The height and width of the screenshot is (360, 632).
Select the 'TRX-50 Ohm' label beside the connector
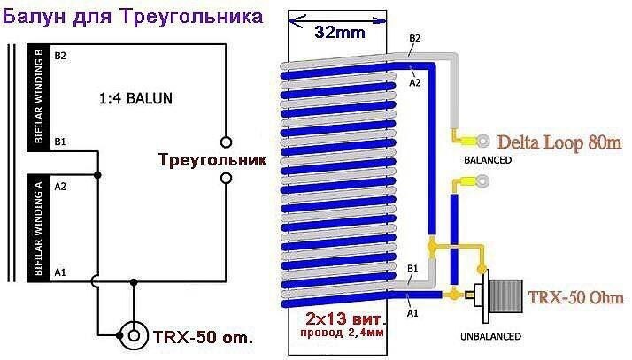[x=576, y=297]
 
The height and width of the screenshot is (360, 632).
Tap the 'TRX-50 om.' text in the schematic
[x=203, y=338]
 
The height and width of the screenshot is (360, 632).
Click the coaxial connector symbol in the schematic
[x=135, y=336]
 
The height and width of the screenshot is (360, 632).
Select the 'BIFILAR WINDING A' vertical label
[x=38, y=226]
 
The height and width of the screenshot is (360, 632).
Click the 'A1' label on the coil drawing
[x=412, y=310]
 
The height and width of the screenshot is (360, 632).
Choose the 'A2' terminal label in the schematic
[x=60, y=186]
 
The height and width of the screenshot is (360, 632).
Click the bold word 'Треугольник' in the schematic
[x=212, y=161]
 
